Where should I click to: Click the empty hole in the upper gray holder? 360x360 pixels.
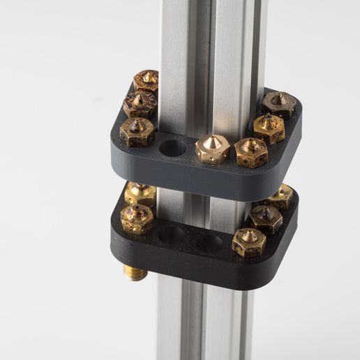[x=172, y=148]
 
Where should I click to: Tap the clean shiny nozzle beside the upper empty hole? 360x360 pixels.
[x=212, y=149]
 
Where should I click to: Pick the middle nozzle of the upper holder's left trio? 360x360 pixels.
[x=139, y=105]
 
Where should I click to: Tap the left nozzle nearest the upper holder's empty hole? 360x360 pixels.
[x=137, y=131]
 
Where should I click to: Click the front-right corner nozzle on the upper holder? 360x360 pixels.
[x=250, y=152]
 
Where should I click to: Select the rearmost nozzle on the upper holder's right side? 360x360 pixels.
[x=279, y=105]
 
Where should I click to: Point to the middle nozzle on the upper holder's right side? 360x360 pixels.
[x=269, y=128]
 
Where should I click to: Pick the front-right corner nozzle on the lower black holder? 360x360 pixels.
[x=248, y=242]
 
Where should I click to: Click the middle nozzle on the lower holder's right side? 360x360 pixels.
[x=266, y=218]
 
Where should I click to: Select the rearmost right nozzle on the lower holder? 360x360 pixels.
[x=280, y=196]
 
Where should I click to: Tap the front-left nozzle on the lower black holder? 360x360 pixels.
[x=137, y=218]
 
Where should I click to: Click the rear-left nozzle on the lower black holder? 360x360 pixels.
[x=140, y=193]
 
